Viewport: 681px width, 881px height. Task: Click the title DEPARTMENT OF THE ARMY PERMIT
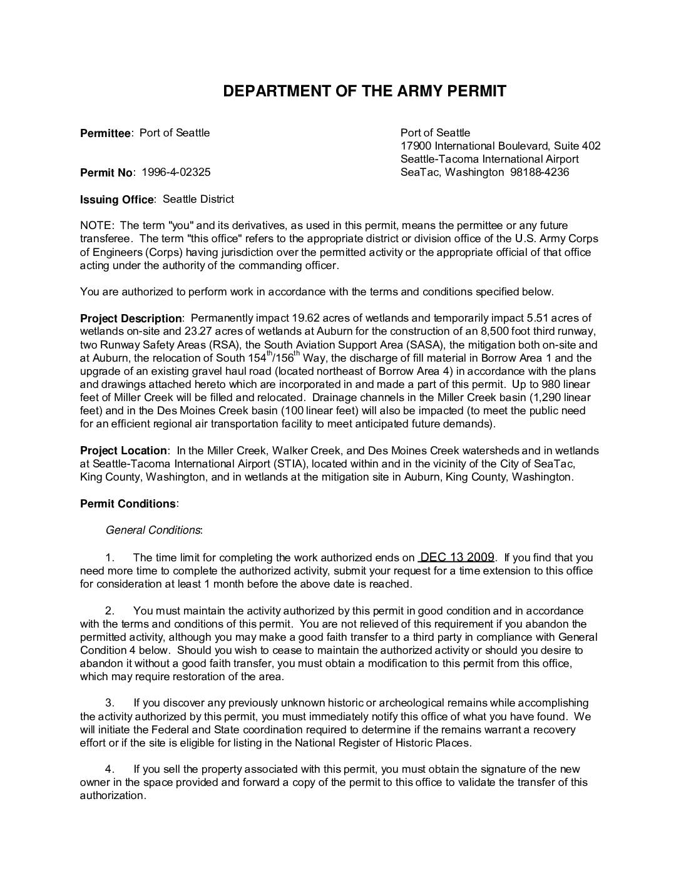point(364,91)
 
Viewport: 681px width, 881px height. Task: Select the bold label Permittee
point(105,133)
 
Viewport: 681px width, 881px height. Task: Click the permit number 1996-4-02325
point(176,172)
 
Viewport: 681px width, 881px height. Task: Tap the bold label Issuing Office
point(116,200)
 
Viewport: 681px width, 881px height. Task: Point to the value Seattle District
point(198,199)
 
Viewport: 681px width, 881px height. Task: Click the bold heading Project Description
point(131,318)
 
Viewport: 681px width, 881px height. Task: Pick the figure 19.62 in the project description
point(297,318)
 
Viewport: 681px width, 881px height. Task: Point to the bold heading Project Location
point(123,451)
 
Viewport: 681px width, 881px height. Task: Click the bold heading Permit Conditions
point(128,504)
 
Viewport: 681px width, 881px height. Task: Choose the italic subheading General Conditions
point(153,530)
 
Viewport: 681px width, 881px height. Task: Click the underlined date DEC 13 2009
point(457,557)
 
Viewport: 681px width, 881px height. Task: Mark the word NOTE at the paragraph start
point(95,225)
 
